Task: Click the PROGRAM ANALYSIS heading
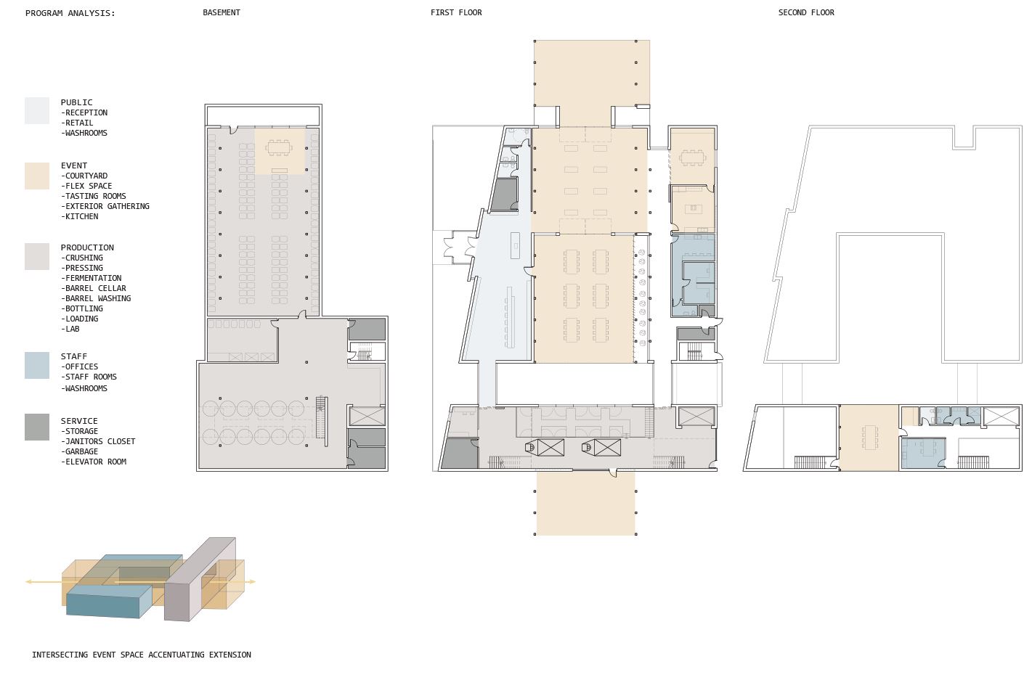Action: click(70, 13)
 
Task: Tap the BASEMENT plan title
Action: click(221, 12)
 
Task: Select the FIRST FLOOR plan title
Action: click(456, 12)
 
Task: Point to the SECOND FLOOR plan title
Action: click(806, 12)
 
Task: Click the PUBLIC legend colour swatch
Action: click(37, 110)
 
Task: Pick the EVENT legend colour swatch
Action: click(37, 176)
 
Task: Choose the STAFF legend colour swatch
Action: click(37, 365)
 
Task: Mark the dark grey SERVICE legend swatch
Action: click(37, 427)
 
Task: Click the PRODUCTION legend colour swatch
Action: click(37, 256)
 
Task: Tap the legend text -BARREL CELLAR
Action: click(94, 288)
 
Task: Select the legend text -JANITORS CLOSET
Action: click(98, 441)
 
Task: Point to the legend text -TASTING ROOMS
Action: click(94, 196)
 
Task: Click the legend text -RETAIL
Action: click(77, 123)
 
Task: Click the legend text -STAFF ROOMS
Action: click(89, 377)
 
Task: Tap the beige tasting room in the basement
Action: click(280, 151)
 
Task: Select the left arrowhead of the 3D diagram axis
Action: click(28, 581)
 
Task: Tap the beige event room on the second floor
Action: click(869, 438)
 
